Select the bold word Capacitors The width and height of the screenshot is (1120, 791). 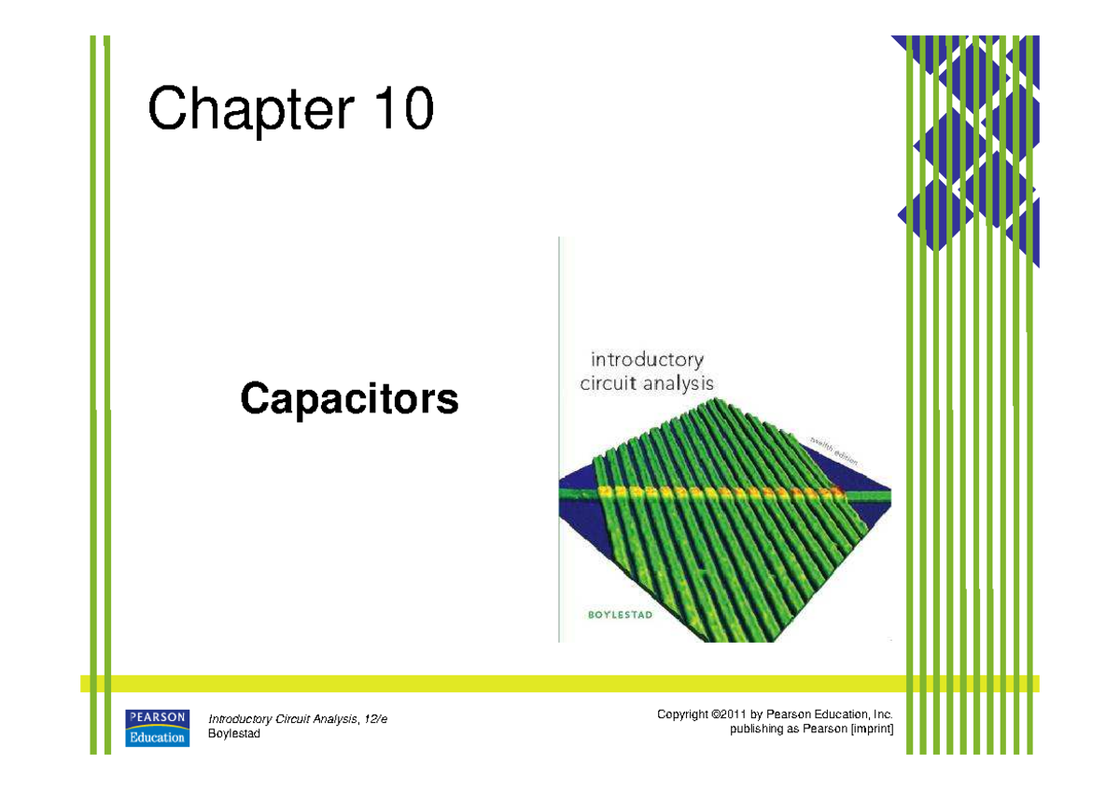[x=349, y=399]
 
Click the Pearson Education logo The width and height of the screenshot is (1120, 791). [x=158, y=727]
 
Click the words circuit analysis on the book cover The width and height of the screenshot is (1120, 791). [x=647, y=382]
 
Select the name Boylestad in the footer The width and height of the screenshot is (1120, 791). [x=233, y=734]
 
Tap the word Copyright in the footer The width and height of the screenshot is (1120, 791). [x=683, y=715]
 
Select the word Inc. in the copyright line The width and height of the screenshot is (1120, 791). [x=881, y=715]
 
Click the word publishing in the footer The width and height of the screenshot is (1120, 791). [x=754, y=729]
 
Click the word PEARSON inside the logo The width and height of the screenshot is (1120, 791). [x=158, y=716]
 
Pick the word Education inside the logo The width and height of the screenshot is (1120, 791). [x=158, y=736]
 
